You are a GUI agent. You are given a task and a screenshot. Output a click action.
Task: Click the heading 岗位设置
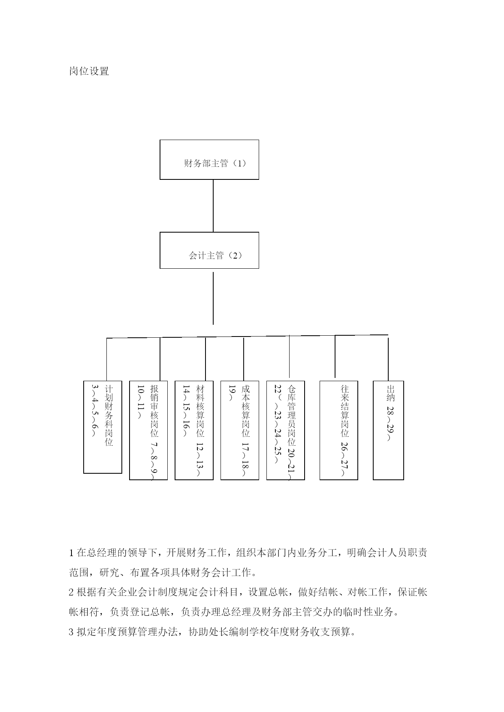(89, 71)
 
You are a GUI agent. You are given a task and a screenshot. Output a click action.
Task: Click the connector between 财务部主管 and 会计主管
(213, 206)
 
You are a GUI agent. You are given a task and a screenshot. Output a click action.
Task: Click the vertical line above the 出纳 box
(388, 358)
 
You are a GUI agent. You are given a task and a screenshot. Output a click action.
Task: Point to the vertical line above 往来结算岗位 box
(335, 356)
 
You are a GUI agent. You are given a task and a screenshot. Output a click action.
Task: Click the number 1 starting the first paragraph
(72, 553)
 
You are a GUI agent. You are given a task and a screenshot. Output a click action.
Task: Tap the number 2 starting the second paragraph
(72, 592)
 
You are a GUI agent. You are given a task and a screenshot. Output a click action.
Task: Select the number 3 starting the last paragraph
(72, 632)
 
